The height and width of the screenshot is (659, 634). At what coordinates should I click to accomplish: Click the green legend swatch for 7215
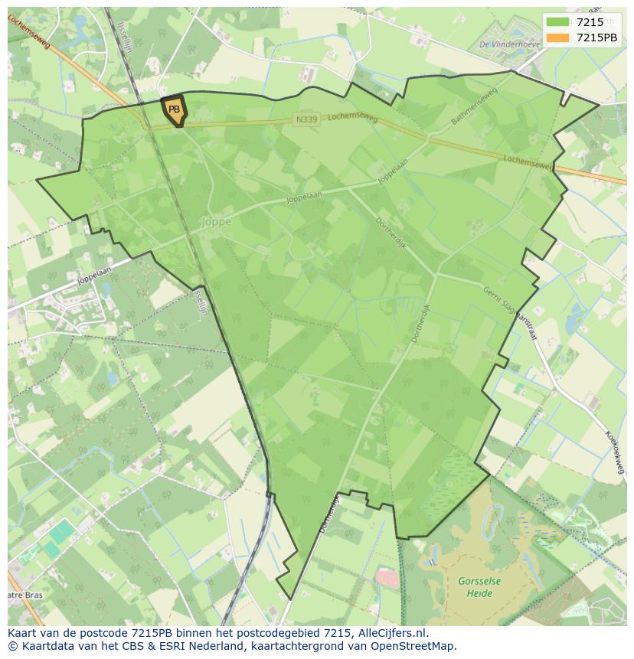point(558,22)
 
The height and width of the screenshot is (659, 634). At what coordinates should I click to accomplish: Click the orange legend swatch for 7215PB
point(558,38)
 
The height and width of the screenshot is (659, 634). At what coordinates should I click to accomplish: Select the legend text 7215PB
point(596,38)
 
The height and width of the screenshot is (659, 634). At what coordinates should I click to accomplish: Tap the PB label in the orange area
point(175,109)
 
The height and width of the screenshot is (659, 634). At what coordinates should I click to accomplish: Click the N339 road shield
point(305,119)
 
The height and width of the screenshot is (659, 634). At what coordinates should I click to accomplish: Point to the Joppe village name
point(216,222)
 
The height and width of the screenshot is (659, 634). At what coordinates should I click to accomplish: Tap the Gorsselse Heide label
point(480,587)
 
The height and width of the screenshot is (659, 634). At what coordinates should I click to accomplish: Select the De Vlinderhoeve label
point(509,44)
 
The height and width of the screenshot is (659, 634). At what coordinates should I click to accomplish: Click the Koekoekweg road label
point(615,452)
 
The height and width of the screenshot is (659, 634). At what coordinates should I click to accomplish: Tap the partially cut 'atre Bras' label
point(25,595)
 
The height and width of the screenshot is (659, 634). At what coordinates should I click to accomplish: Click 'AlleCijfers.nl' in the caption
point(391,633)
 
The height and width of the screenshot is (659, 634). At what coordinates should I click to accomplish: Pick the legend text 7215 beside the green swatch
point(590,22)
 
